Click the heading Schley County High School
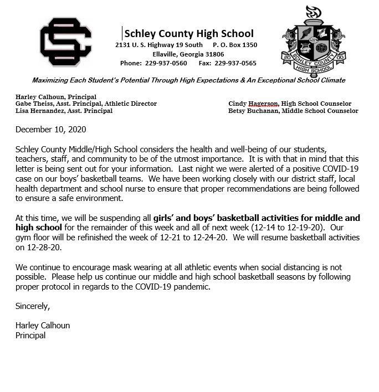[189, 33]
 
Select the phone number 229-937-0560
[166, 63]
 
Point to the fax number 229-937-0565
[235, 63]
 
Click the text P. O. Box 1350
[235, 45]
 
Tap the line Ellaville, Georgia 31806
[188, 54]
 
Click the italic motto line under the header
[188, 80]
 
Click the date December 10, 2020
[51, 130]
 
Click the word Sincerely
[33, 306]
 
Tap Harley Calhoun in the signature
[43, 326]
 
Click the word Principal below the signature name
[30, 335]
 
